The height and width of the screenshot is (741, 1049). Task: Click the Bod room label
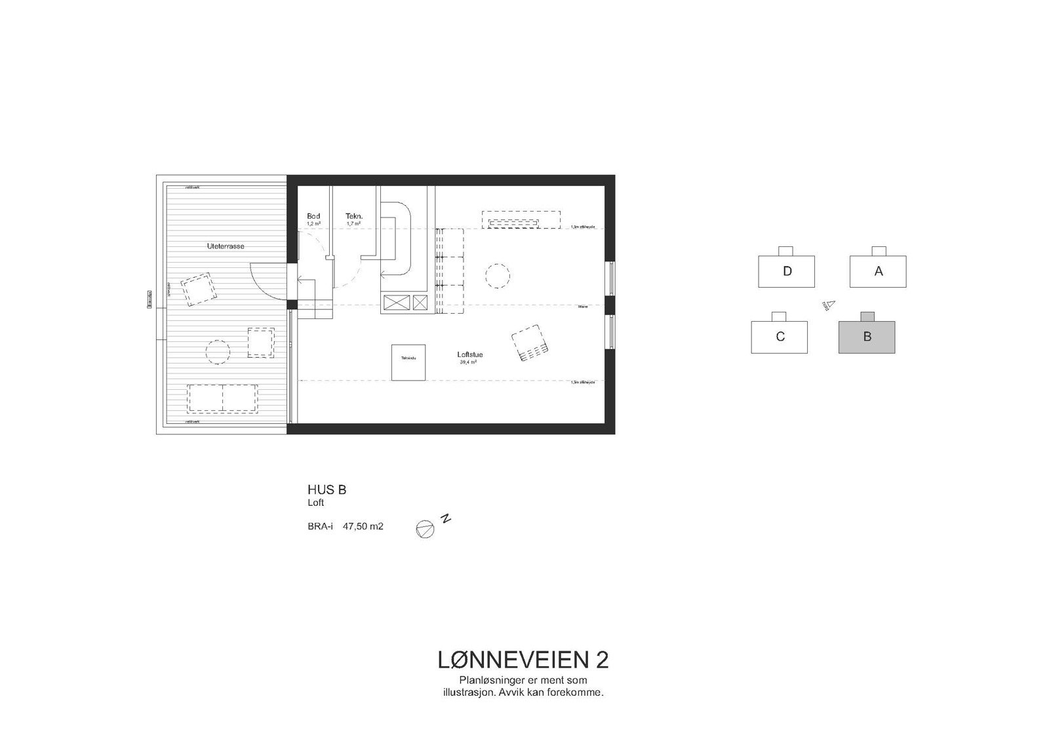click(x=313, y=216)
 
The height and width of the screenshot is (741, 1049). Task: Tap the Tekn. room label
click(x=354, y=216)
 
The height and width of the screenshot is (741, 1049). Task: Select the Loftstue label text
click(x=470, y=355)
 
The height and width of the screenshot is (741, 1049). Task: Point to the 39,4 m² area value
click(x=468, y=362)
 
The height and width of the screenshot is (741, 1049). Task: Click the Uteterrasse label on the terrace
click(x=226, y=246)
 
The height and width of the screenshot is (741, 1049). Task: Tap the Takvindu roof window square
click(x=408, y=362)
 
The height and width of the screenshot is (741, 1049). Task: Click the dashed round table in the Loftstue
click(x=498, y=276)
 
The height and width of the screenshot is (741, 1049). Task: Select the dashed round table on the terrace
click(x=218, y=352)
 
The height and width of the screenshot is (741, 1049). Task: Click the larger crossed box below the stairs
click(x=396, y=303)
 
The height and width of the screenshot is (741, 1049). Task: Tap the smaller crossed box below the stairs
click(x=420, y=303)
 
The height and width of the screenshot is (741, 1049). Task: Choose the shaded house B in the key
click(x=867, y=337)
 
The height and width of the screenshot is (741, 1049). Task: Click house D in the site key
click(x=786, y=271)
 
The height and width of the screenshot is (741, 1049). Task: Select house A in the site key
click(x=878, y=271)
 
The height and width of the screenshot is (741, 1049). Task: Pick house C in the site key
click(x=780, y=337)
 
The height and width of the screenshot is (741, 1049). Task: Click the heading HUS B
click(x=327, y=489)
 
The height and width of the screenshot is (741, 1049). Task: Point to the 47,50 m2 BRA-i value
click(x=363, y=526)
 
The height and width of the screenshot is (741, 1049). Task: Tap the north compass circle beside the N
click(x=425, y=529)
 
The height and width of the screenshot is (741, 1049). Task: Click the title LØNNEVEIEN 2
click(x=523, y=660)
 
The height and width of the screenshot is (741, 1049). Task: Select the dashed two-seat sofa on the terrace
click(x=222, y=398)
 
